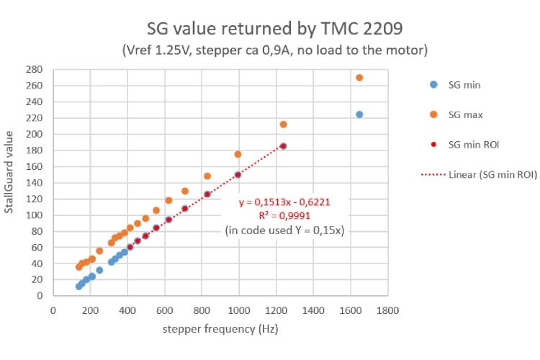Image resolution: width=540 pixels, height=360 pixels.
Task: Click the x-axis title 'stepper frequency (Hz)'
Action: [220, 328]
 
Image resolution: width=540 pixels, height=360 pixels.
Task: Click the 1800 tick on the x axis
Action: [388, 310]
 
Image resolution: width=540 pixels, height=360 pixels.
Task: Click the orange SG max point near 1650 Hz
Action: [359, 77]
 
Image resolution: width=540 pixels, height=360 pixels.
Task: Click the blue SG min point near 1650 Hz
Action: [359, 114]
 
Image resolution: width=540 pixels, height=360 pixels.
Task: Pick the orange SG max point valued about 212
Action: [283, 124]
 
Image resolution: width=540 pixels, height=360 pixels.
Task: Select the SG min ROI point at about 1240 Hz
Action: [283, 146]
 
